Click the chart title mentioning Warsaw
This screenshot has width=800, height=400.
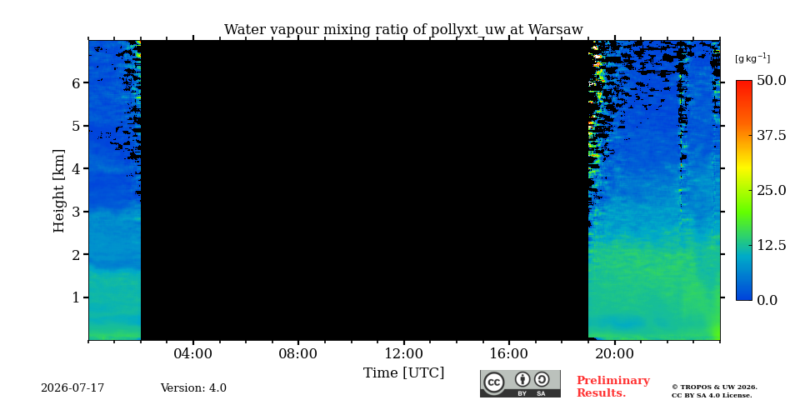coord(403,30)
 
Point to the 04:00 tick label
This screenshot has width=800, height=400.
coord(193,353)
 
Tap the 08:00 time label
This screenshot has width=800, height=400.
coord(298,353)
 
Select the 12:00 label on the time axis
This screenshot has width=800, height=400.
coord(403,353)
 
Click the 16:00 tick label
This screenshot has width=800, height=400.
coord(509,353)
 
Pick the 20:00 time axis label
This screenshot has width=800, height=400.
coord(614,353)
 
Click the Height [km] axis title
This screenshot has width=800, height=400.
coord(60,191)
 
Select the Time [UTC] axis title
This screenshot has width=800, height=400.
coord(403,373)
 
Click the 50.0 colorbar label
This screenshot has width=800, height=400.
coord(771,80)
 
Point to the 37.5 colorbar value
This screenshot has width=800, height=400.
coord(771,135)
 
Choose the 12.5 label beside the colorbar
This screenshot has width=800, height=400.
coord(771,245)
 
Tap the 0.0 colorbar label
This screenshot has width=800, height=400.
coord(767,300)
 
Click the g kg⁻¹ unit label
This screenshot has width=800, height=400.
coord(752,58)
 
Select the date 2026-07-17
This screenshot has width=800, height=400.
coord(72,388)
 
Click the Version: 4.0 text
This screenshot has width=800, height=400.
coord(193,388)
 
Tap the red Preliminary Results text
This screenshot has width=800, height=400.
coord(612,387)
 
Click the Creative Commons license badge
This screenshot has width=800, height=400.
coord(520,383)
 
